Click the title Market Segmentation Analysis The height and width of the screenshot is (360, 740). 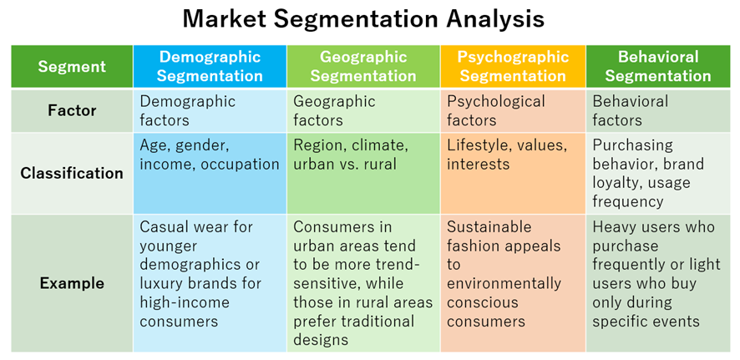363,20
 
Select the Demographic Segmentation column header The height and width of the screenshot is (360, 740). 210,67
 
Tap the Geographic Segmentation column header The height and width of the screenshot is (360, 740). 363,67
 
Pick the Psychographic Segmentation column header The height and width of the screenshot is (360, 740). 513,67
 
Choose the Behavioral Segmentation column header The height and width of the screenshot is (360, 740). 658,67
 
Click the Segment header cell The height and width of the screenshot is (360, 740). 72,67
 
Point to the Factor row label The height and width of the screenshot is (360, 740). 72,110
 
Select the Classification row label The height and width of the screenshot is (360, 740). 72,173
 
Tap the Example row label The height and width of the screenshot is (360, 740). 72,283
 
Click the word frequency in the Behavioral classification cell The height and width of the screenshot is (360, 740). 628,202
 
